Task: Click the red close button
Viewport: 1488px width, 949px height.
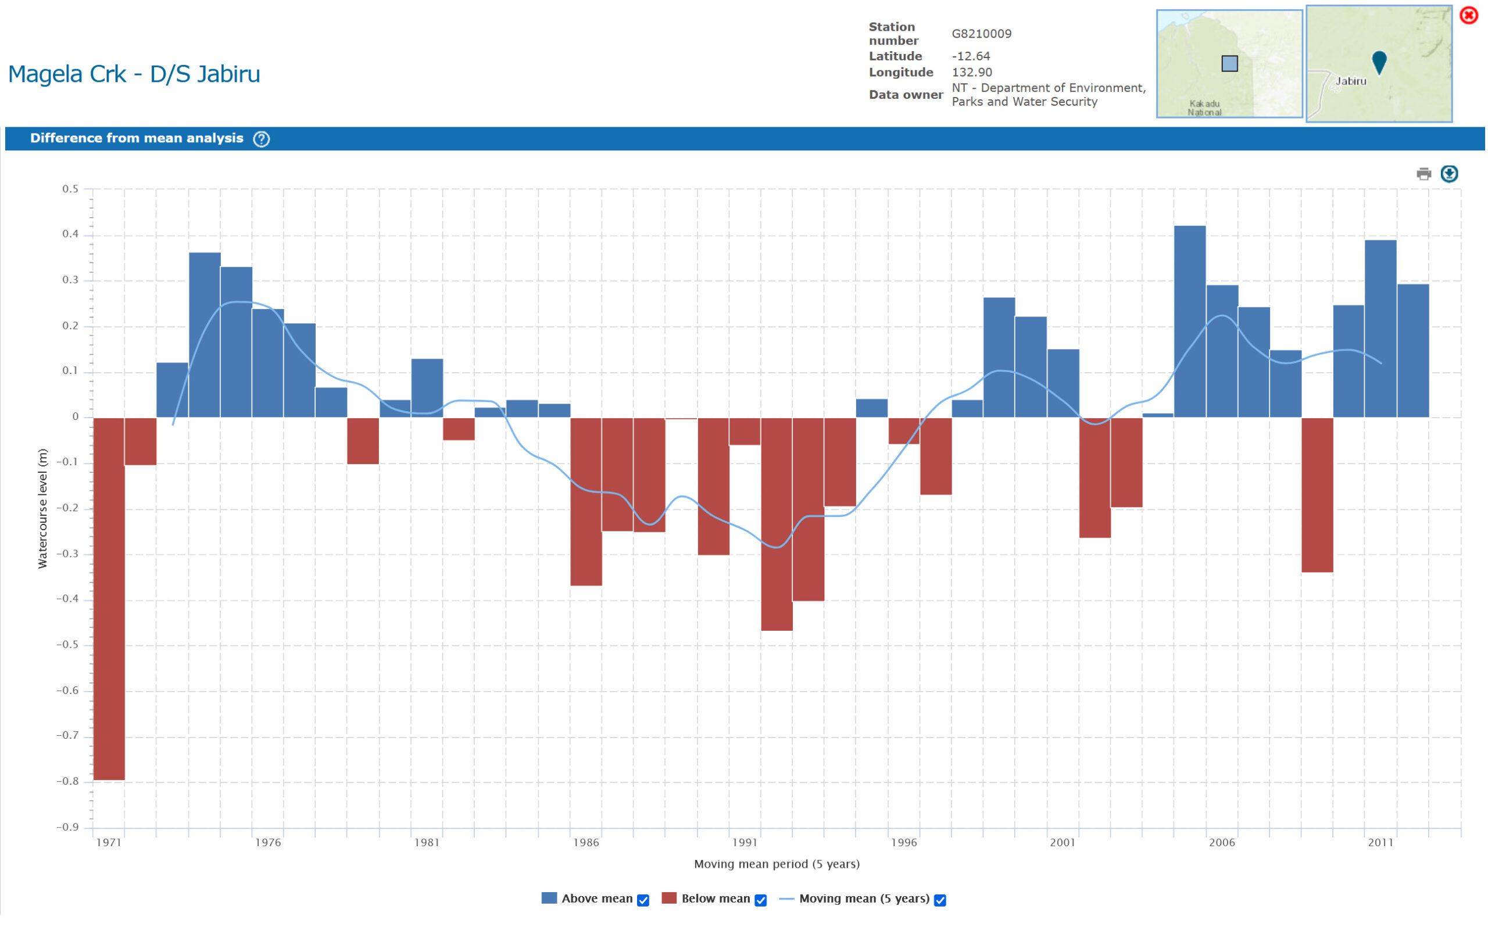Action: point(1469,15)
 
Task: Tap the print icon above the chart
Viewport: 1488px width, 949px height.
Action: point(1423,174)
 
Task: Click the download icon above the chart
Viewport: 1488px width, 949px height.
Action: point(1449,174)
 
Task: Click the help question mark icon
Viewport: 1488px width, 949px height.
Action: point(262,139)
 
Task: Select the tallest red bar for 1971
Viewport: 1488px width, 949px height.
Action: point(109,599)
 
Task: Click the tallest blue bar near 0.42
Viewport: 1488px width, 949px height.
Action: point(1190,321)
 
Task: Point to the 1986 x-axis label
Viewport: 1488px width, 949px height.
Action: point(586,843)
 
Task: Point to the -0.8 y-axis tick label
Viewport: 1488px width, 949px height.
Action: point(67,782)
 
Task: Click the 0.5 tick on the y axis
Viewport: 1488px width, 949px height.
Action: point(70,189)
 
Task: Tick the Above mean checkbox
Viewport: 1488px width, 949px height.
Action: point(643,900)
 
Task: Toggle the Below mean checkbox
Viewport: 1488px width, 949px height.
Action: point(761,900)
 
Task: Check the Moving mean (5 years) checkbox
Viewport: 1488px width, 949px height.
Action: point(940,900)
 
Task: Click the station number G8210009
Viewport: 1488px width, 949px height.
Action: point(981,34)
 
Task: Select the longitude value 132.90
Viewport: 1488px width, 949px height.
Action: point(972,72)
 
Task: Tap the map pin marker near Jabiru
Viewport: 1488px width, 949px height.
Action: point(1379,61)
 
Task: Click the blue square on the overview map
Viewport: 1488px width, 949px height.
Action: point(1230,64)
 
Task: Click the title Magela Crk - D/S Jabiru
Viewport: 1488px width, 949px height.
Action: point(134,74)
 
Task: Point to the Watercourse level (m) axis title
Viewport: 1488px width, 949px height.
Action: point(42,508)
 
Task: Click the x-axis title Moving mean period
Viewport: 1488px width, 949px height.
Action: point(777,864)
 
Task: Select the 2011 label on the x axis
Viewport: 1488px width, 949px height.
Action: point(1380,843)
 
